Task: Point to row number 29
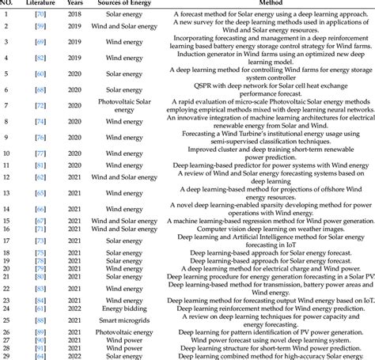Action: (6, 356)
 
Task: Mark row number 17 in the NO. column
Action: (6, 240)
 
